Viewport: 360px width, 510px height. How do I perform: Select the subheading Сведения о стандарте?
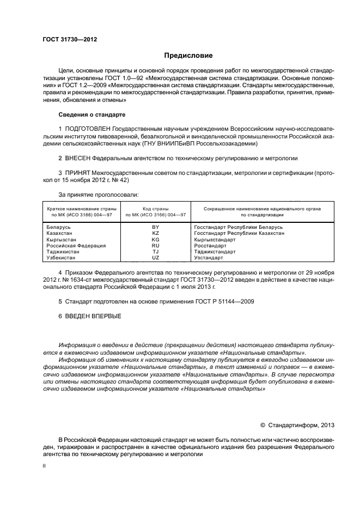coord(91,115)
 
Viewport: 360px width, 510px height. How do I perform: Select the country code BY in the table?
coord(155,226)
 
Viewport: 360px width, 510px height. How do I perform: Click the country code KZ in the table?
coord(155,233)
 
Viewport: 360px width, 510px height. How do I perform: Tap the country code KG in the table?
coord(155,239)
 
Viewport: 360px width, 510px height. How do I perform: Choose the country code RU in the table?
coord(155,245)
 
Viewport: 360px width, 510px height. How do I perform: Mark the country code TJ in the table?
coord(155,252)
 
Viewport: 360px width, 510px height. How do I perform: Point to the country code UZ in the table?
coord(155,258)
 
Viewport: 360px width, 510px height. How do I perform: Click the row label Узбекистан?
coord(61,258)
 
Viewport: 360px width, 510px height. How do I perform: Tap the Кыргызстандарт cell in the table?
coord(215,239)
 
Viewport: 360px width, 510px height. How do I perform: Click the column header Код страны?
coord(155,209)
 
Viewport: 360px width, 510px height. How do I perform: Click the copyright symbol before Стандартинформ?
coord(263,426)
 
